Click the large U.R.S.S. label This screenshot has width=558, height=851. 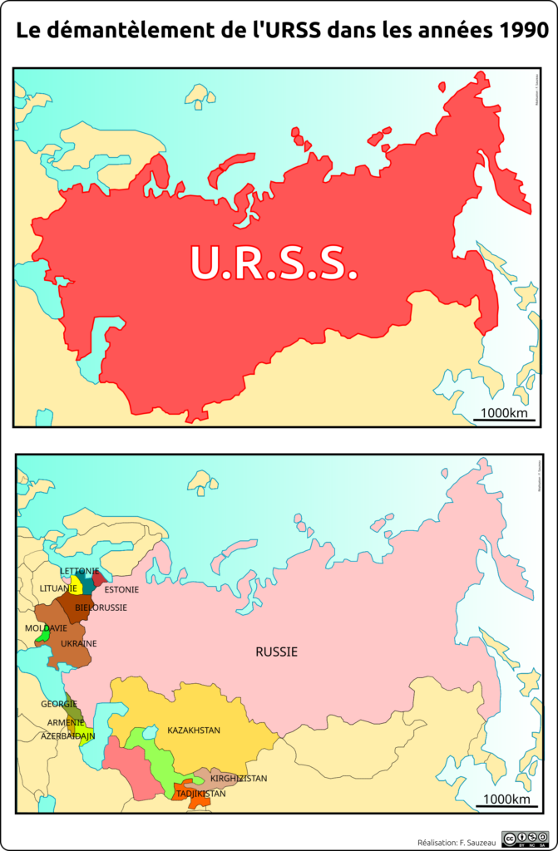(x=274, y=263)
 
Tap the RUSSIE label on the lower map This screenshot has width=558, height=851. (x=276, y=652)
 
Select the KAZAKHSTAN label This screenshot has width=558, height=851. (x=194, y=730)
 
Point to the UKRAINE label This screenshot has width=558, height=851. (x=79, y=643)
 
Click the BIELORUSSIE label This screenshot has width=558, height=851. (x=101, y=608)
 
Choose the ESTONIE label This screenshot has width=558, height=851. (x=121, y=589)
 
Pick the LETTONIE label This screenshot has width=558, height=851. (x=80, y=571)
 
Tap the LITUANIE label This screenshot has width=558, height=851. (x=58, y=588)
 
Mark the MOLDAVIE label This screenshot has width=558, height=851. (x=46, y=627)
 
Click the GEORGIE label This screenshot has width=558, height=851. (x=59, y=704)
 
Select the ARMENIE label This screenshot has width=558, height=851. (x=65, y=722)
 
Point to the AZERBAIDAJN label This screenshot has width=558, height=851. (x=68, y=736)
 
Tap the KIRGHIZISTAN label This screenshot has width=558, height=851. (x=239, y=779)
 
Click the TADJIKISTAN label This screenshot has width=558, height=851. (x=200, y=794)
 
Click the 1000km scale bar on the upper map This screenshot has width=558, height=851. (x=505, y=414)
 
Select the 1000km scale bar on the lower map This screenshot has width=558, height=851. (x=505, y=800)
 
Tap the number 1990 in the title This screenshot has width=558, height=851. (x=519, y=31)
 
